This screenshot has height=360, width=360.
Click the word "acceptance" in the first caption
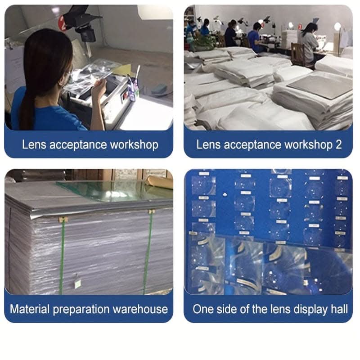point(78,145)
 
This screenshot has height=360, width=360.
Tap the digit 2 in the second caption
point(338,144)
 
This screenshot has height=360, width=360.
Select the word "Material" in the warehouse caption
point(30,309)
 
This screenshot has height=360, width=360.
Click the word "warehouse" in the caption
point(140,309)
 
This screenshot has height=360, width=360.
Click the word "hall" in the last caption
point(339,309)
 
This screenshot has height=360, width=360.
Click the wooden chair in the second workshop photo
point(298,54)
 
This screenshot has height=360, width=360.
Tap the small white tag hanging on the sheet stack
point(77,284)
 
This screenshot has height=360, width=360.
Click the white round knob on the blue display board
point(225,195)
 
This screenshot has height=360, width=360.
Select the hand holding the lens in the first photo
point(99,88)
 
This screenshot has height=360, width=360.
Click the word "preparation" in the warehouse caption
point(81,309)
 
